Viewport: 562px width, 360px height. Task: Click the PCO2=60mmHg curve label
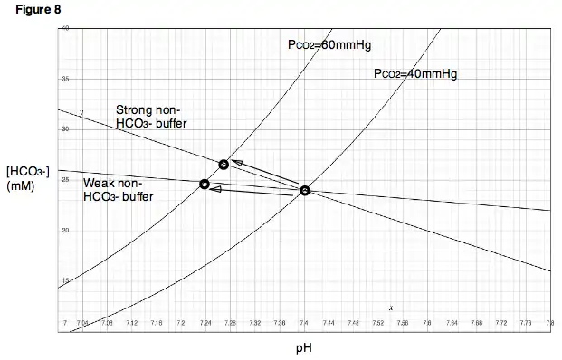click(x=324, y=44)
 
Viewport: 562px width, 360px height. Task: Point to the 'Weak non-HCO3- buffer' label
click(x=118, y=189)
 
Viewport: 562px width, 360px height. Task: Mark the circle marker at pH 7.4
click(x=305, y=191)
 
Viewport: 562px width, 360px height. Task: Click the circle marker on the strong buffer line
click(x=224, y=165)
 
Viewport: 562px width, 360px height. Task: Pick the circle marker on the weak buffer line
click(x=205, y=185)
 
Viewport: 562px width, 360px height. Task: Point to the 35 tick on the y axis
click(x=65, y=80)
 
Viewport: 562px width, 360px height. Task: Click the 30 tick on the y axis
click(x=65, y=129)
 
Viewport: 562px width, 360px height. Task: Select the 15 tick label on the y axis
click(x=65, y=279)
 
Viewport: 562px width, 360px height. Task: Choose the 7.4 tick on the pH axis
click(x=304, y=322)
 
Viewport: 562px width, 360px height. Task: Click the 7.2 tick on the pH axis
click(x=181, y=322)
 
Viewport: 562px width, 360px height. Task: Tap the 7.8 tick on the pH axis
click(x=549, y=322)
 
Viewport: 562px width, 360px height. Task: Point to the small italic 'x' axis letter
click(x=391, y=308)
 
